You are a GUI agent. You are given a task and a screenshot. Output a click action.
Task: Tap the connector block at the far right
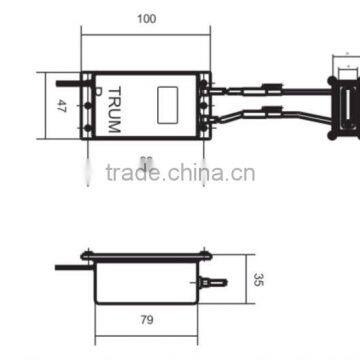pos(347,104)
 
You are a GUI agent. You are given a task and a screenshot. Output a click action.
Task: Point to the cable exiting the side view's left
pos(70,267)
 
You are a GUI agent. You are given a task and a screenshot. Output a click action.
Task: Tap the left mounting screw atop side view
pos(89,254)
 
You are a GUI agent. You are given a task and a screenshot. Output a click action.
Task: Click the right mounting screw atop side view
pos(206,254)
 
